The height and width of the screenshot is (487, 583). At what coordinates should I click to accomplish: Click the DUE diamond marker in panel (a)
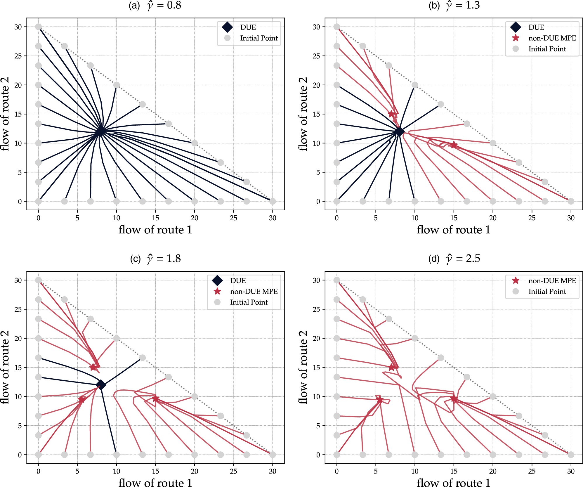[x=100, y=131]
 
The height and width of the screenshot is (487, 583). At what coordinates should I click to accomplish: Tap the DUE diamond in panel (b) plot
[x=399, y=132]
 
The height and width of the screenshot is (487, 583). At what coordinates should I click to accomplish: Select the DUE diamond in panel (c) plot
[x=101, y=385]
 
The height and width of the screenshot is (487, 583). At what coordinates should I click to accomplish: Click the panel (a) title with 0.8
[x=155, y=5]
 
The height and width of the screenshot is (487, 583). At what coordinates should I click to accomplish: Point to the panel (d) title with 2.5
[x=454, y=259]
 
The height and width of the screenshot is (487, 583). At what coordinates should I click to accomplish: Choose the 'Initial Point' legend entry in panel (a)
[x=259, y=38]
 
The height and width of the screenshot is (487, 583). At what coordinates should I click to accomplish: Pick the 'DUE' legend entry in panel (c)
[x=238, y=280]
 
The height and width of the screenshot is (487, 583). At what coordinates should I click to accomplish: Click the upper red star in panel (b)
[x=391, y=114]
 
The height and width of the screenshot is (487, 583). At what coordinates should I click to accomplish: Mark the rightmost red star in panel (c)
[x=155, y=398]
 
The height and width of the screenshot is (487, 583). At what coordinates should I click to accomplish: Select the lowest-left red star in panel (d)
[x=379, y=400]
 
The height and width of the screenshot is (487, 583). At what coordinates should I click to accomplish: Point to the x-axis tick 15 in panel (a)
[x=155, y=218]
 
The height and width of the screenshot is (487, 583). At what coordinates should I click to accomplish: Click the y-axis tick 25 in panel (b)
[x=316, y=56]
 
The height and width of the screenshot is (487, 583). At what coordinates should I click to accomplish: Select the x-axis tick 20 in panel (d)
[x=493, y=471]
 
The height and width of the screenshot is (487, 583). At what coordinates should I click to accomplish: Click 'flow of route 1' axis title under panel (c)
[x=155, y=483]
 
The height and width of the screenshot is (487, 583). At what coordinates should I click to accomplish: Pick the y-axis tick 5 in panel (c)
[x=20, y=426]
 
